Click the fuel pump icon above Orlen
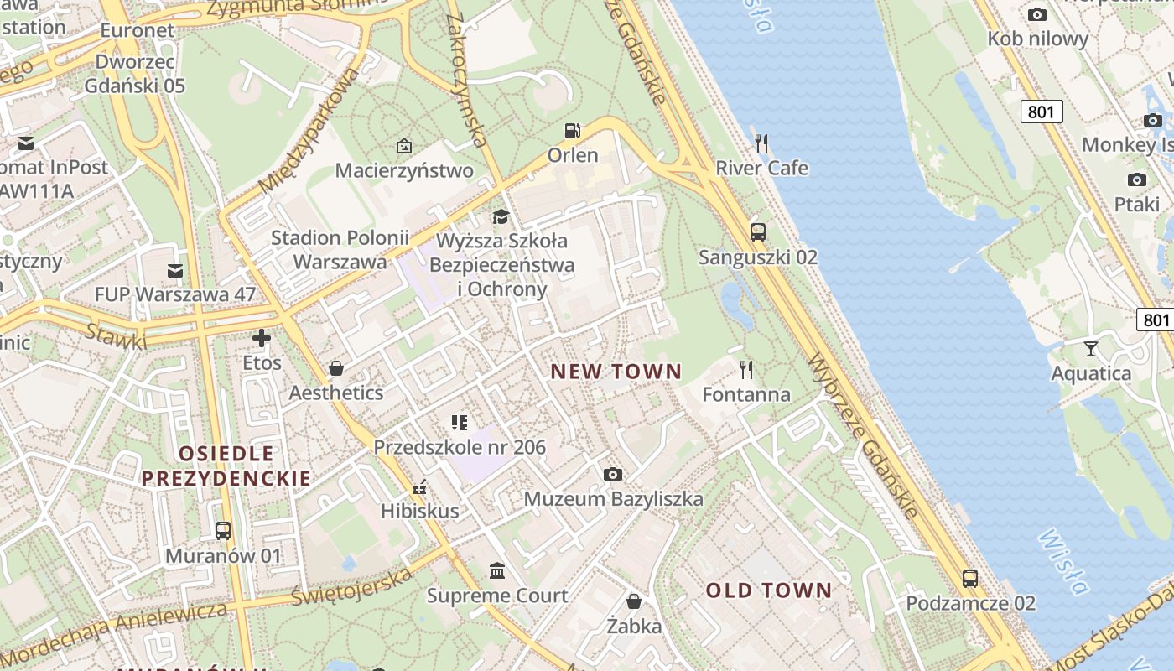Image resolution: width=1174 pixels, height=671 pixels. coord(573,130)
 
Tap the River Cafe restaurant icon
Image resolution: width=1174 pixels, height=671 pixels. coord(761,143)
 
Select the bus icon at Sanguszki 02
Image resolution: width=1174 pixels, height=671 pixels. coord(758,231)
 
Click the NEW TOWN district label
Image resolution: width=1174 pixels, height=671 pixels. coord(616,371)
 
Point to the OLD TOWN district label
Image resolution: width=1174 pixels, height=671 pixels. coord(769,590)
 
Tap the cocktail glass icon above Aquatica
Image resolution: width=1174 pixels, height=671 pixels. coord(1091,348)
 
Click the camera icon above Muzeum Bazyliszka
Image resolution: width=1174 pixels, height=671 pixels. coord(613,474)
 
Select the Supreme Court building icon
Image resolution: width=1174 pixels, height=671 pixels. coord(497,570)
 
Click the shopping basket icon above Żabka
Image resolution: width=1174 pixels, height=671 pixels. coord(634,601)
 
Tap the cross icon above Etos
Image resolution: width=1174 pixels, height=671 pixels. coord(262,338)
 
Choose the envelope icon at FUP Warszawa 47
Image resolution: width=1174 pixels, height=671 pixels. coord(174,270)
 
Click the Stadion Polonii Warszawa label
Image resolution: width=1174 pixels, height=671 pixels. coord(340,249)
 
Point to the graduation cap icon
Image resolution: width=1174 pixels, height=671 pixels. coord(501,216)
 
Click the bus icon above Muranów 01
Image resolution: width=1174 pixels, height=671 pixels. coord(222,530)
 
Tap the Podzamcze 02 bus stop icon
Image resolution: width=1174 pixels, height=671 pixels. coord(970,578)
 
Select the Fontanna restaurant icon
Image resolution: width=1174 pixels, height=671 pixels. coord(745,369)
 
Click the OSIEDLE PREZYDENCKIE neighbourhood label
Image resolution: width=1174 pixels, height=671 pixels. coord(226,466)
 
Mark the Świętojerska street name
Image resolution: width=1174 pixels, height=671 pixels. coord(352,585)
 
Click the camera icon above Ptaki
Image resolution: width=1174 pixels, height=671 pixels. coord(1137,179)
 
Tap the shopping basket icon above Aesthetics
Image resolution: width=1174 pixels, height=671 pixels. coord(335,367)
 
